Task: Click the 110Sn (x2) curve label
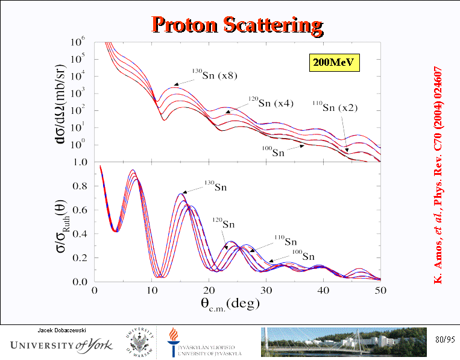tap(335, 108)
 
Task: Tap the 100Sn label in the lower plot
tap(303, 256)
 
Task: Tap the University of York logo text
tap(57, 346)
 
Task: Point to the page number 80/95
tap(444, 341)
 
